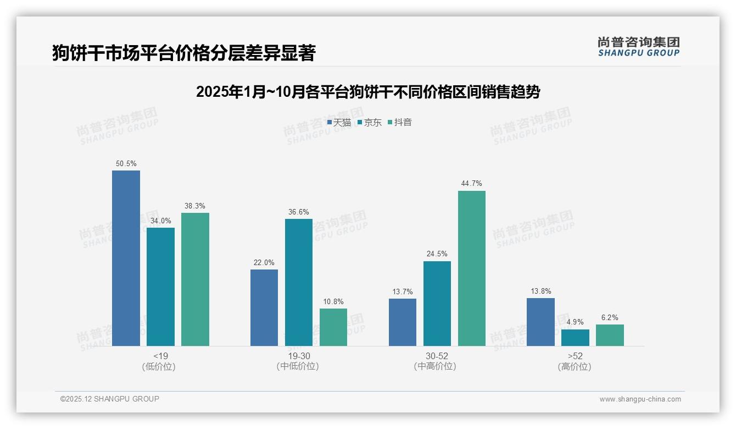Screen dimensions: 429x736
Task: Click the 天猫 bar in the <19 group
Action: (x=126, y=258)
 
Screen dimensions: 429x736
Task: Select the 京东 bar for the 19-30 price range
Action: (x=298, y=282)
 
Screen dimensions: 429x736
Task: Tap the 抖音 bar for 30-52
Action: (x=471, y=268)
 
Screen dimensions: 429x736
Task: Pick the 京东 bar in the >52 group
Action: (x=575, y=338)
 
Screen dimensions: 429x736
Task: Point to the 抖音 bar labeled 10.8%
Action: (x=333, y=327)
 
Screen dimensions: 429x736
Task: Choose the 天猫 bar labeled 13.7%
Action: (x=402, y=322)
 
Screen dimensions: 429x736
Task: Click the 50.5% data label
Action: (x=126, y=164)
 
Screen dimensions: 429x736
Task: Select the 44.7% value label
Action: (x=471, y=184)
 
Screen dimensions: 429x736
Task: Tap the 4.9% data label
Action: (x=575, y=322)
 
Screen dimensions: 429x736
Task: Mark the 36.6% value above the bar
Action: (x=298, y=212)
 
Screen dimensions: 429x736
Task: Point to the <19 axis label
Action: (x=160, y=356)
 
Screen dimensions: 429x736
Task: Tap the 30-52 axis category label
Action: (x=437, y=356)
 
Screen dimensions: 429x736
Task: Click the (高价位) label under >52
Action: (x=575, y=367)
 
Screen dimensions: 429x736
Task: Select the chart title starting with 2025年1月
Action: (x=367, y=92)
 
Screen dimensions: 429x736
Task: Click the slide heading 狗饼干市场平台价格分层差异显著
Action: (x=183, y=53)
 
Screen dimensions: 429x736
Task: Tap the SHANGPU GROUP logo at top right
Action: (x=638, y=47)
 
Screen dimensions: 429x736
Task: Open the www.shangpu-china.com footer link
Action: (x=640, y=399)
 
